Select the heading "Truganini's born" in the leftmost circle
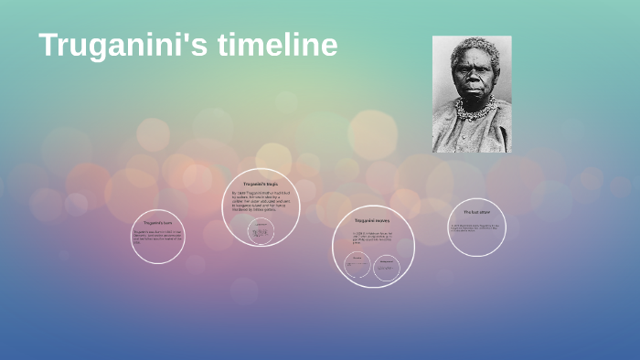pos(157,223)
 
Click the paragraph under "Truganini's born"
pos(157,237)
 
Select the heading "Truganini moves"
pos(372,220)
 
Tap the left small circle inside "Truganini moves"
pos(357,266)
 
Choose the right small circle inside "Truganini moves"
pos(387,266)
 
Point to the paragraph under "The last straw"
pos(476,227)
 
